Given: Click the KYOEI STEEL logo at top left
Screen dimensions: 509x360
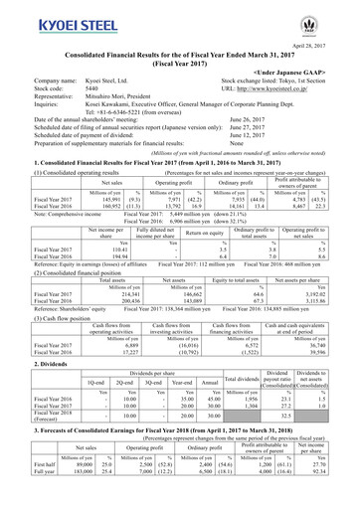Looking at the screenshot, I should pyautogui.click(x=49, y=20).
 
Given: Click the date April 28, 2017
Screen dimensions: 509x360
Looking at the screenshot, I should pyautogui.click(x=329, y=31).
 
